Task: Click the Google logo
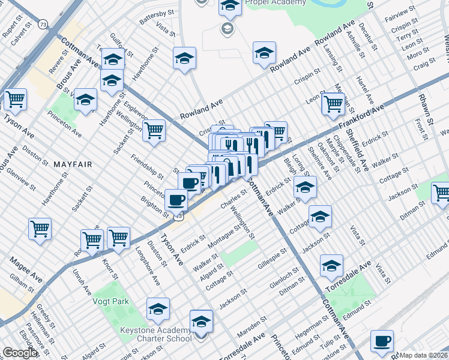click(20, 353)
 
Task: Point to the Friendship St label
click(148, 167)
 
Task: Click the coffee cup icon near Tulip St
click(381, 341)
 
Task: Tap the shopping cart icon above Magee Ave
click(40, 228)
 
